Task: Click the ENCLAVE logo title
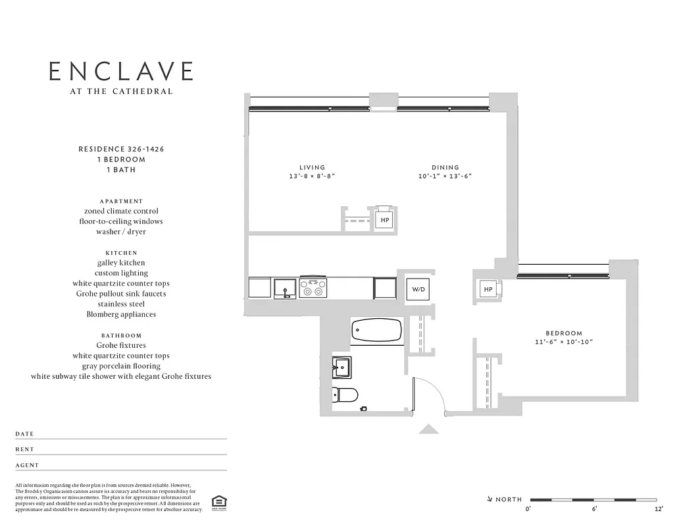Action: point(122,71)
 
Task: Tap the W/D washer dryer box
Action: point(418,289)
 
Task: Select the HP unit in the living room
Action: point(384,220)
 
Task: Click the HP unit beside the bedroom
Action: point(488,290)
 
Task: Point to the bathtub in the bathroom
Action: point(376,330)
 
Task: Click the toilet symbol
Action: point(345,395)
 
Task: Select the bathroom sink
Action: point(342,366)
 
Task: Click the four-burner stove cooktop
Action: point(313,288)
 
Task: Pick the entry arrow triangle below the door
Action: point(428,430)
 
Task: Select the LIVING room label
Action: point(312,167)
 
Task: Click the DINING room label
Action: point(445,167)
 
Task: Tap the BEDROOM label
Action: point(564,333)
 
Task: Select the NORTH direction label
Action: point(509,500)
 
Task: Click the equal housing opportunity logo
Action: point(216,503)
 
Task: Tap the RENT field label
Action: point(25,449)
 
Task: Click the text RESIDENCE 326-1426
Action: point(121,150)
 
